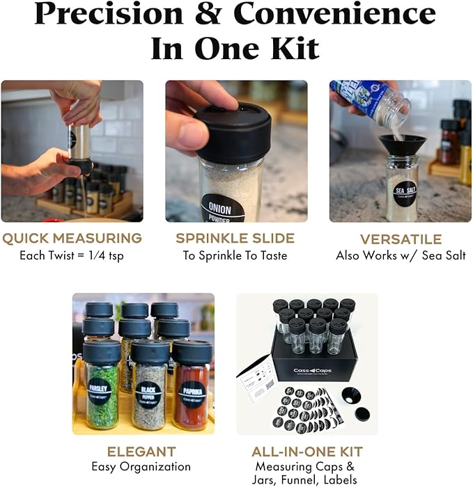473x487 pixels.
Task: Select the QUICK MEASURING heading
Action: click(x=72, y=239)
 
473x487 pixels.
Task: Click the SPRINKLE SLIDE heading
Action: click(x=235, y=239)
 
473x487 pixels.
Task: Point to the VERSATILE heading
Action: click(x=401, y=239)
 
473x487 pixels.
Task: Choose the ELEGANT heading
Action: click(x=141, y=452)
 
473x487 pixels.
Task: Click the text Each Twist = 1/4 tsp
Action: click(x=72, y=255)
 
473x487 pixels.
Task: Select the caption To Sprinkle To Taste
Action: click(x=235, y=255)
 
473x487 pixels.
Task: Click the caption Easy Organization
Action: click(x=141, y=467)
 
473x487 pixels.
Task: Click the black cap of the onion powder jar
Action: click(x=233, y=131)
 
